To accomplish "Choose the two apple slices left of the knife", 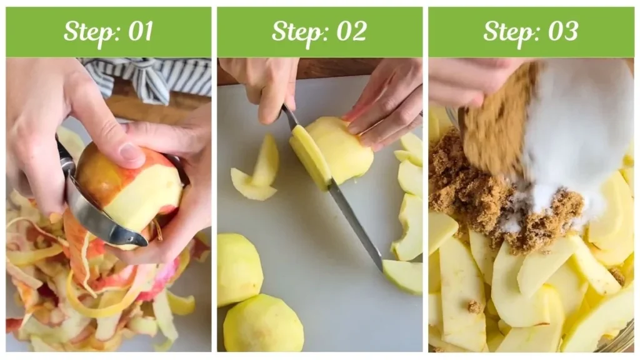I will click(256, 172).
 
